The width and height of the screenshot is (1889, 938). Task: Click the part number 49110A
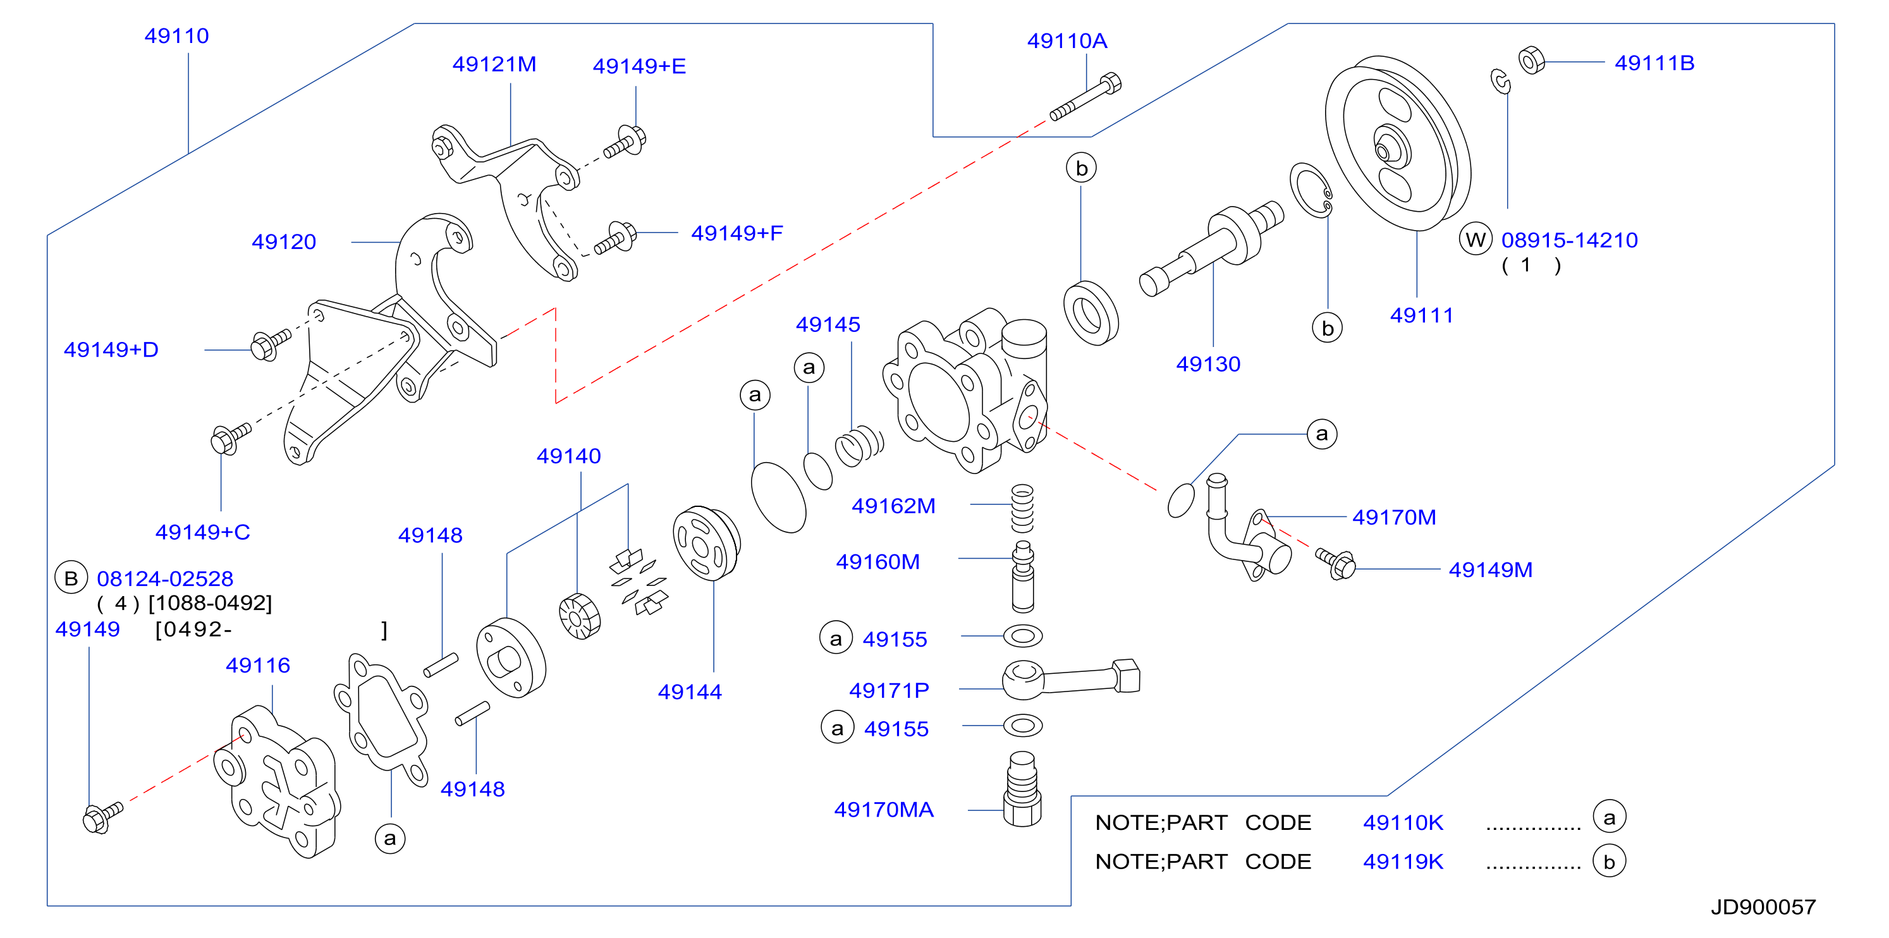pyautogui.click(x=1067, y=41)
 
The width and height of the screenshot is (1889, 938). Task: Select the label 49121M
pyautogui.click(x=494, y=64)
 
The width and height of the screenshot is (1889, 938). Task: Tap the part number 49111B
pyautogui.click(x=1654, y=63)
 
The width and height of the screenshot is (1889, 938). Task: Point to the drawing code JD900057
pyautogui.click(x=1763, y=907)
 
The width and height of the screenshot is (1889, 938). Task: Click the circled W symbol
pyautogui.click(x=1476, y=239)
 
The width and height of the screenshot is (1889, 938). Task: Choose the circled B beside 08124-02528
pyautogui.click(x=71, y=578)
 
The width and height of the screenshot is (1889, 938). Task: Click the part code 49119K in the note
pyautogui.click(x=1403, y=862)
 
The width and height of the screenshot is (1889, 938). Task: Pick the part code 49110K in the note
pyautogui.click(x=1403, y=823)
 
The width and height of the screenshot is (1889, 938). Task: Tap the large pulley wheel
pyautogui.click(x=1398, y=143)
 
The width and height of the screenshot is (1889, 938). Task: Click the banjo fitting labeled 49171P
pyautogui.click(x=1071, y=678)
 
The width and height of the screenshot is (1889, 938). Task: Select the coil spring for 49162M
pyautogui.click(x=1022, y=508)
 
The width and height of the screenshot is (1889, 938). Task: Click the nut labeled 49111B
pyautogui.click(x=1531, y=60)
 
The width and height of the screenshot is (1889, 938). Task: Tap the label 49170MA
pyautogui.click(x=884, y=810)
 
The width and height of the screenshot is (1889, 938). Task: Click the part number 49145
pyautogui.click(x=828, y=325)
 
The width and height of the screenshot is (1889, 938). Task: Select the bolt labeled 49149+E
pyautogui.click(x=625, y=142)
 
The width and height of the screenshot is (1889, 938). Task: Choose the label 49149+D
pyautogui.click(x=111, y=350)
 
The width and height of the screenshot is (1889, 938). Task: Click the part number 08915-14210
pyautogui.click(x=1569, y=241)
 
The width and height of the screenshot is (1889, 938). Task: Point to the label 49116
pyautogui.click(x=257, y=666)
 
